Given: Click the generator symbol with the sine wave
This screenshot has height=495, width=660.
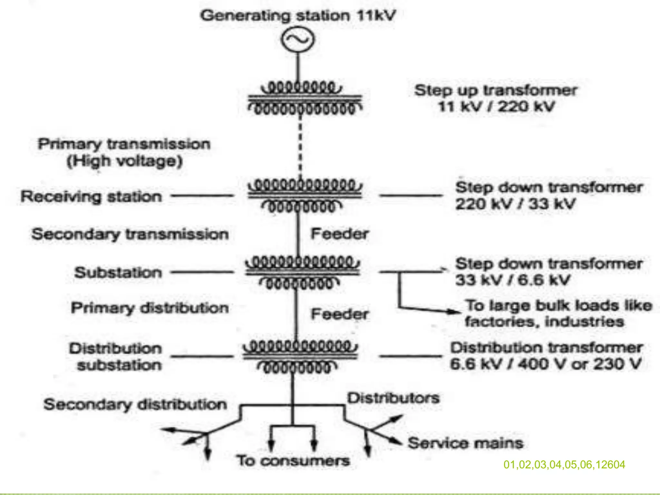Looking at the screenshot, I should [297, 39].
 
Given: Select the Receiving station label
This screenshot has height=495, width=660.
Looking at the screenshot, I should [91, 197].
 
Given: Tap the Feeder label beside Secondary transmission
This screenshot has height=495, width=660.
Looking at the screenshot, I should [339, 234].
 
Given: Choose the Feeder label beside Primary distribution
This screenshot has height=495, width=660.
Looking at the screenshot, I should [339, 314].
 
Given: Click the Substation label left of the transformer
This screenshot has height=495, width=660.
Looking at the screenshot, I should [118, 273].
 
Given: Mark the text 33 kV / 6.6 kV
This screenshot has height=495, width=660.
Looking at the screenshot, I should [512, 280].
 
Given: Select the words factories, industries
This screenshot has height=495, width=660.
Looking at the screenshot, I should [544, 322].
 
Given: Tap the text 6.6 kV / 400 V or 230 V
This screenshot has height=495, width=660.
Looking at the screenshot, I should [545, 364].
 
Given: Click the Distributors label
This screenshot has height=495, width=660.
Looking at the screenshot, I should [393, 398].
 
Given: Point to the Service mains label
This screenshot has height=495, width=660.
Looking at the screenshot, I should [465, 443].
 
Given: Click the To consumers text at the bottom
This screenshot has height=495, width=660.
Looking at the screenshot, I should [293, 461].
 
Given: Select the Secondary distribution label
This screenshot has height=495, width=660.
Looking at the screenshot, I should [135, 404].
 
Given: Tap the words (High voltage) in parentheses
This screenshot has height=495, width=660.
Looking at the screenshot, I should [124, 161].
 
